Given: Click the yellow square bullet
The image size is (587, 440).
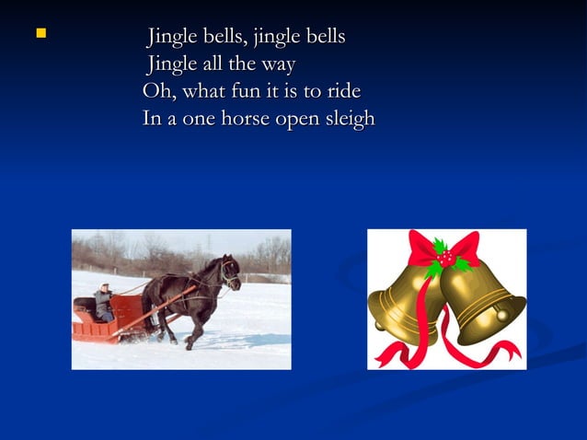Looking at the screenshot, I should [x=40, y=35].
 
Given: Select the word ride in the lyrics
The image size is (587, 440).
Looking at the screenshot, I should [x=340, y=92].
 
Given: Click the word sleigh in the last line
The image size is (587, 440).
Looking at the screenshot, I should [x=348, y=120].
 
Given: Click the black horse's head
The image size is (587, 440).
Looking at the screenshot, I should [x=227, y=272].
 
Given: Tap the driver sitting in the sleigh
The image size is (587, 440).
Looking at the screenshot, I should [x=103, y=302].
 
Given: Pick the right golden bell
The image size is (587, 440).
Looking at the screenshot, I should [x=482, y=300].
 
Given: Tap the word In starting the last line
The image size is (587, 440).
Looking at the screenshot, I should [x=152, y=120].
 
